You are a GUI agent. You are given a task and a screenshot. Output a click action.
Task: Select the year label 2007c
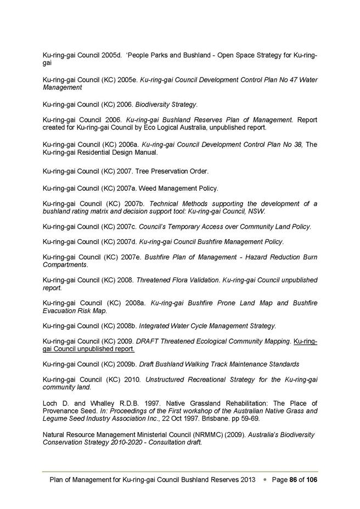[x=130, y=227]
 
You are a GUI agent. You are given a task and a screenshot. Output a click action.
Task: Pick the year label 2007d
[x=130, y=242]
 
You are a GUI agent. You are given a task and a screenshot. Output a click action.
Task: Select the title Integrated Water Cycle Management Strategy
[x=208, y=326]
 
